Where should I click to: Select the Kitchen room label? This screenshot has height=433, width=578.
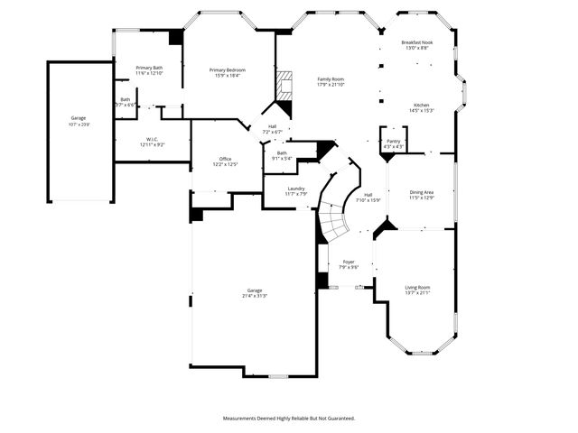pos(422,105)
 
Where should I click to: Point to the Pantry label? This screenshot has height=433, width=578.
pos(393,141)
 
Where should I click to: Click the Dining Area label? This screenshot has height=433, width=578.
pos(422,191)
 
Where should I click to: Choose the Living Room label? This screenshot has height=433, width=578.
pos(417,287)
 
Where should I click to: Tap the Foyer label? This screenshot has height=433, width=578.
pos(349,262)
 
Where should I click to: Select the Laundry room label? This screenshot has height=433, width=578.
pos(296,188)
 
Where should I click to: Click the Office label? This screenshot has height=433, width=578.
pos(225,159)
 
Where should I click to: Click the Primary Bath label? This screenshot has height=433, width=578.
pos(149,68)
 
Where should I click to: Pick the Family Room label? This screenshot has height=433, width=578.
pos(331,79)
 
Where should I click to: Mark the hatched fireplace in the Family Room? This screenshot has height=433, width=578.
pos(285,85)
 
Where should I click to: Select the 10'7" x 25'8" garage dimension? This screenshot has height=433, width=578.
pos(79,124)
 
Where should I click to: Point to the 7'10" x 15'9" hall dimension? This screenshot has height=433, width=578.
pos(368,200)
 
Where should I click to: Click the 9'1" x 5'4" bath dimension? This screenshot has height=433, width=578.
pos(283,159)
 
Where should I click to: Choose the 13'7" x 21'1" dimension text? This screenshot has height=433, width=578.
pos(417,292)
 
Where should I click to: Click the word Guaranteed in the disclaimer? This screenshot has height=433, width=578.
pos(339,418)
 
